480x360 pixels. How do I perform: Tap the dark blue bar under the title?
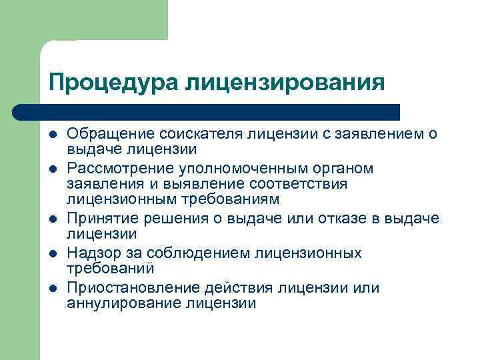coord(207,112)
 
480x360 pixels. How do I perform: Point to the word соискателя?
coord(207,134)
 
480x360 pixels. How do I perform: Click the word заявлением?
coord(369,134)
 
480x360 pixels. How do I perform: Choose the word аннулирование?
coord(123,303)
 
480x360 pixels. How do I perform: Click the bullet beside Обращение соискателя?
coord(53,135)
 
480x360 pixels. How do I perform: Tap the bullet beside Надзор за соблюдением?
coord(53,254)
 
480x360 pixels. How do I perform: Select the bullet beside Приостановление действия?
coord(53,289)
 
